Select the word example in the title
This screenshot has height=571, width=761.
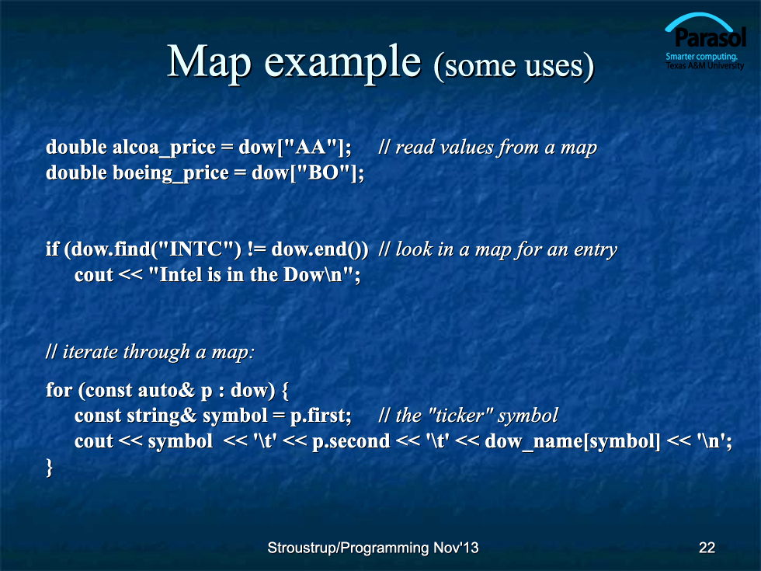(342, 63)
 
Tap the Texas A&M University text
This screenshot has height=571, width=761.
(705, 65)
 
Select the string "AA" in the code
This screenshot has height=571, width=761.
(311, 146)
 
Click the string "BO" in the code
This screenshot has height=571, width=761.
(324, 172)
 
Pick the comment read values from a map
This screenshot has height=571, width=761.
(488, 148)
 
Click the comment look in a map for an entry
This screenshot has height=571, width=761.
(498, 249)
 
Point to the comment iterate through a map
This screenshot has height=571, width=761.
(150, 351)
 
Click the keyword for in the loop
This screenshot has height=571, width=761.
(59, 390)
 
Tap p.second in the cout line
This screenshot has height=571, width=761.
(351, 442)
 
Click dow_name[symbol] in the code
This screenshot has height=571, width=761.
(573, 442)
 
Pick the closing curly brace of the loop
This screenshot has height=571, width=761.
(49, 468)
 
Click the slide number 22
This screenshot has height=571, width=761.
(707, 548)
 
